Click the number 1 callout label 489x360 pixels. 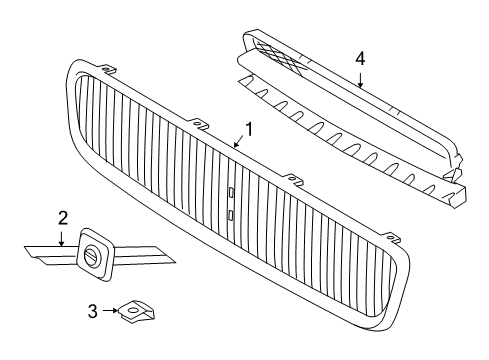tap(250, 129)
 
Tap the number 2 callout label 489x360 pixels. tap(62, 216)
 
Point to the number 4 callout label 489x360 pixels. tap(359, 58)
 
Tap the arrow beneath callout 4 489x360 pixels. tap(359, 78)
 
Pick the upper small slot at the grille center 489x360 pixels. tap(230, 193)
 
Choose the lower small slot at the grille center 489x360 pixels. tap(230, 213)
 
